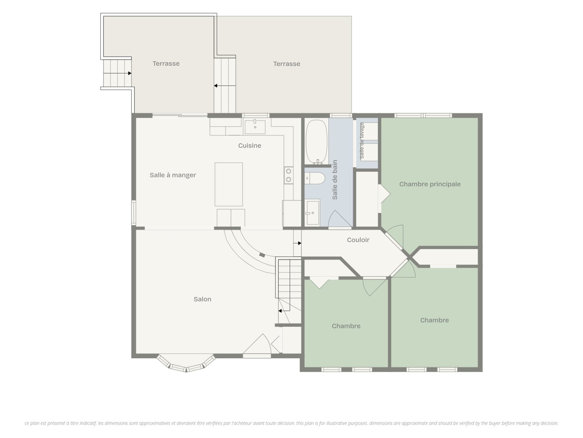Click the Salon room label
coord(202,299)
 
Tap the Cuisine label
coord(250,146)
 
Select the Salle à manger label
coord(173,175)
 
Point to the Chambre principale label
coord(430,184)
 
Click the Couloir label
coord(358,240)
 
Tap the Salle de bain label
coord(335,180)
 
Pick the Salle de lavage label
coord(362,141)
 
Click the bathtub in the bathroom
coord(316,142)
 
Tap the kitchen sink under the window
coord(255,127)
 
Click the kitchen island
coord(229,184)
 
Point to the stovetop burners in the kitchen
coord(288,175)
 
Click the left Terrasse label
coord(166,64)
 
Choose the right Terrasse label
coord(287,64)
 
